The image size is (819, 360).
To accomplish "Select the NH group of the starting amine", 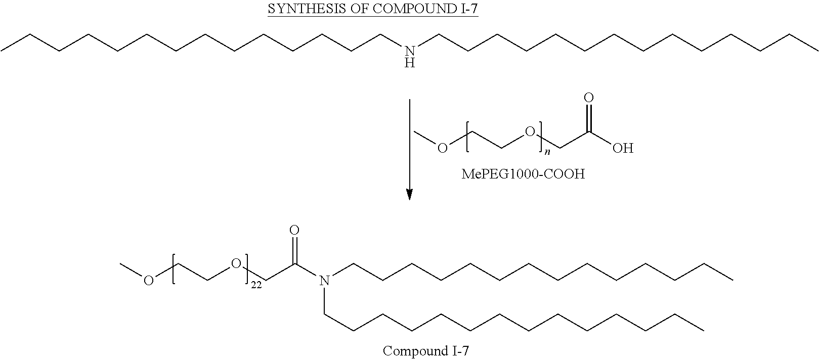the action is tap(410, 57).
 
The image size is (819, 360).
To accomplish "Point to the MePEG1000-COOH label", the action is tap(523, 174).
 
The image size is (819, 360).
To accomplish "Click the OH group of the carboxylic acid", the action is tap(623, 148).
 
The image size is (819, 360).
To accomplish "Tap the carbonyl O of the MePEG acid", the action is tap(589, 98).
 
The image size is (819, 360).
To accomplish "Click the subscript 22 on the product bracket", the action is tap(256, 285).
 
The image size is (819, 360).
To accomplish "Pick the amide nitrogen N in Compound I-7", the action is tap(324, 280).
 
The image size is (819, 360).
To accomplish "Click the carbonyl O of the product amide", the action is tap(294, 230).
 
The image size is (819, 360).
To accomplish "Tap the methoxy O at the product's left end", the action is tap(148, 280).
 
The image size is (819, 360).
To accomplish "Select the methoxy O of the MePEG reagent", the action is tap(443, 148).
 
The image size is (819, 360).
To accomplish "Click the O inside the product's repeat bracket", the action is tap(236, 263).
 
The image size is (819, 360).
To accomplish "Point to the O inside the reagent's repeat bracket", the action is tap(530, 131).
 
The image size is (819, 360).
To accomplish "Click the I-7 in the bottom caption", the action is tap(460, 351).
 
